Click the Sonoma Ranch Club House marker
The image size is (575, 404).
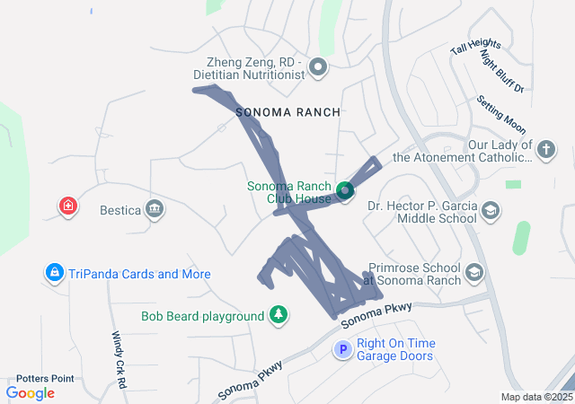345,191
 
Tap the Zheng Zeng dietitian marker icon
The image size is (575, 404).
318,67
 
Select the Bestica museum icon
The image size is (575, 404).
155,210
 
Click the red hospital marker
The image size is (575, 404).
67,206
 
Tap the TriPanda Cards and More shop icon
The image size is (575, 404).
54,273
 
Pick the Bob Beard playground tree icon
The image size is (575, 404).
279,315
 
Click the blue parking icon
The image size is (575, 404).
342,350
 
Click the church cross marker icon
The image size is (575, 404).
545,151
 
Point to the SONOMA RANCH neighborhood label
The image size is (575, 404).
287,112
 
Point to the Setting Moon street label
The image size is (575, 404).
501,113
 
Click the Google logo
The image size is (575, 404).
31,392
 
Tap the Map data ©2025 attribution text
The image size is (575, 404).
535,397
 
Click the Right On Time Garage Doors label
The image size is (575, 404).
395,349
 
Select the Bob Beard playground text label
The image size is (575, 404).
202,316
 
